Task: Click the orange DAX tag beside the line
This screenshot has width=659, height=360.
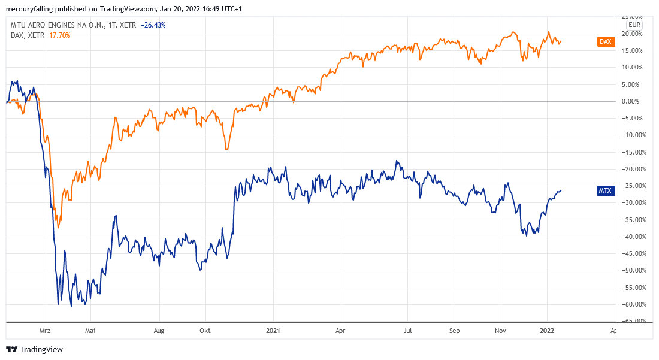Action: click(606, 41)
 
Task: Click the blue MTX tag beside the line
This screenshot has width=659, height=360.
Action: click(606, 190)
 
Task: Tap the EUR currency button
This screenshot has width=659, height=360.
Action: click(634, 25)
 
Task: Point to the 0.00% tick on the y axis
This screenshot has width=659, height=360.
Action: click(634, 101)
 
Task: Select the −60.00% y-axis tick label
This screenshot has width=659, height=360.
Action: click(633, 304)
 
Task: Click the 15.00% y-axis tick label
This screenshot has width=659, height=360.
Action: click(634, 50)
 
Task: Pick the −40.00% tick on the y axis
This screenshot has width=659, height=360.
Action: click(633, 237)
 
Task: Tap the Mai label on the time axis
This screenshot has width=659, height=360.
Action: click(90, 330)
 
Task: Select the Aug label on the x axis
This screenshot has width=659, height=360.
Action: click(159, 330)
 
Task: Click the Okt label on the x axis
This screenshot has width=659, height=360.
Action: click(205, 330)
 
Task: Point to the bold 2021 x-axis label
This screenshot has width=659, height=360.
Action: click(274, 330)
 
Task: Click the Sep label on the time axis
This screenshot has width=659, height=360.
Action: click(455, 330)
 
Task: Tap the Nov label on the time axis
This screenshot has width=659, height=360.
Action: click(501, 330)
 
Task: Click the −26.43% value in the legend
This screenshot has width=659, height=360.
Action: click(153, 25)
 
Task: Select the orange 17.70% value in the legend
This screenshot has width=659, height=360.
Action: click(59, 35)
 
